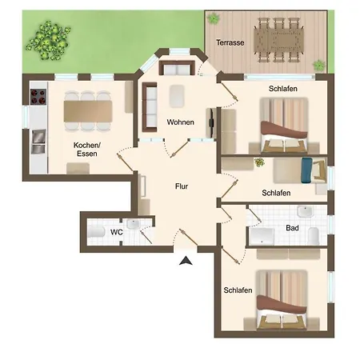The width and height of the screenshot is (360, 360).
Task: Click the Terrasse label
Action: (x=230, y=42)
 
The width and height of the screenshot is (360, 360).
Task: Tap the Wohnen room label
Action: (x=181, y=122)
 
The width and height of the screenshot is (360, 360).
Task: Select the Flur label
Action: (x=182, y=186)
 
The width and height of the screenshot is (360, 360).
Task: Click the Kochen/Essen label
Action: (x=87, y=150)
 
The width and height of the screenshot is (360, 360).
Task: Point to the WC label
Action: (x=117, y=232)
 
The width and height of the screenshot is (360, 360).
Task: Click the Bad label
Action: (x=292, y=228)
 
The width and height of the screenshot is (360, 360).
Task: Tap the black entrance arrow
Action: (x=186, y=261)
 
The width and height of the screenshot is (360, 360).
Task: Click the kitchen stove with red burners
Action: (x=38, y=97)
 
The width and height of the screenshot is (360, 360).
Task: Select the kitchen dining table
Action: (x=88, y=111)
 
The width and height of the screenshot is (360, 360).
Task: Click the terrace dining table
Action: (x=278, y=40)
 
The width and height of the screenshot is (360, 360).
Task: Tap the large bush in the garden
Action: (x=48, y=41)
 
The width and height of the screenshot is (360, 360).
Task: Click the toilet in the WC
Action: (x=96, y=232)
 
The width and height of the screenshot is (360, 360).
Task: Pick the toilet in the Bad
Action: (x=314, y=236)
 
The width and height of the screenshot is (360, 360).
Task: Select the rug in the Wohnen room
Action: (x=177, y=96)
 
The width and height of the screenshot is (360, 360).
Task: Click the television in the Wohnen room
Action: (x=211, y=123)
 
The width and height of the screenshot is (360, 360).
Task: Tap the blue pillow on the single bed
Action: (x=306, y=170)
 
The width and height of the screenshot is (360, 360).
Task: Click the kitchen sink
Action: (x=38, y=142)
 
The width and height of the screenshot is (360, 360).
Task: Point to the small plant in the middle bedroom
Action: (x=259, y=162)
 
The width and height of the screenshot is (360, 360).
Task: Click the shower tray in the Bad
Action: (x=262, y=236)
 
